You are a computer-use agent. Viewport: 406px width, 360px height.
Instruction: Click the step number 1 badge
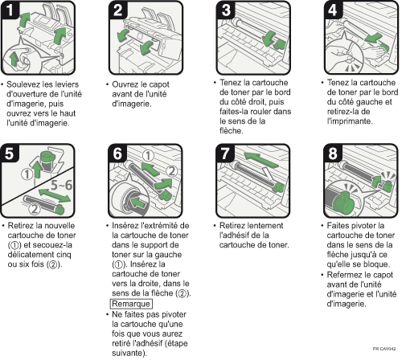coord(10,10)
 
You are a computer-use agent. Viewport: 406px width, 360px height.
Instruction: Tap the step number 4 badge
coord(333,10)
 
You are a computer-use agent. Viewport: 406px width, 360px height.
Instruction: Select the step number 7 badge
coord(225,153)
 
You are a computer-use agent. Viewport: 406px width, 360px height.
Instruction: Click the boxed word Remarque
coord(131,304)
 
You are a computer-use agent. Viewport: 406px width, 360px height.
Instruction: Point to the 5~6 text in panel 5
coord(62,185)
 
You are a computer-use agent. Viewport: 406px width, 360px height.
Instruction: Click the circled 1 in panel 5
coord(27,174)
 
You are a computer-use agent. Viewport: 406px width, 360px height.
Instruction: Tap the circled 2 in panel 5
coord(35,209)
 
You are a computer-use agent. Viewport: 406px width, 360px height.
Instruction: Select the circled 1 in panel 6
coord(148,156)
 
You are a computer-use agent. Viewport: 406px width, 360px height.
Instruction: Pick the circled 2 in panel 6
coord(172,171)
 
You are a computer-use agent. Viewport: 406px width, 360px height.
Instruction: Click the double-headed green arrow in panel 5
coord(55,195)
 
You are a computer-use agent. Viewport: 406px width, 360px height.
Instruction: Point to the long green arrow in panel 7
coord(261,160)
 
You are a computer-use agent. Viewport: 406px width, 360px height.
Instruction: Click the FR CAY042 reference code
coord(384,349)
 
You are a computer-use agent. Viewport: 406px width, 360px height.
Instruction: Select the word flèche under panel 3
coord(232,131)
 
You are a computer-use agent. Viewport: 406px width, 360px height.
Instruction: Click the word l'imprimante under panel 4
coord(350,121)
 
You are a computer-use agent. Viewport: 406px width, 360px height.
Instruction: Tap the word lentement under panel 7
coord(266,226)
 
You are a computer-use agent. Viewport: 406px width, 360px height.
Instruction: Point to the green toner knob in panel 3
coord(279,45)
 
